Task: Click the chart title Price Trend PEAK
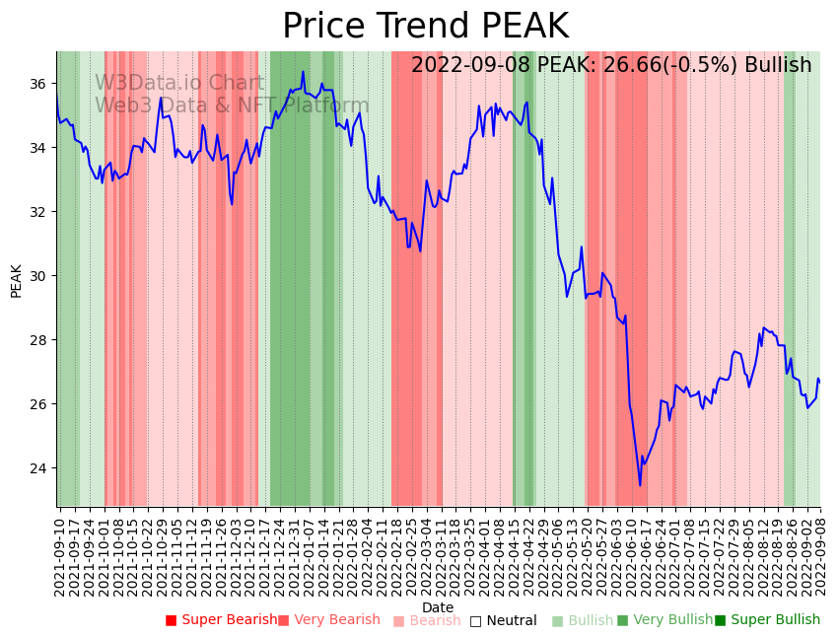coord(425,27)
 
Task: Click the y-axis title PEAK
coord(17,280)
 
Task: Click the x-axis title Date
coord(438,608)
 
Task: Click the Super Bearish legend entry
coord(222,620)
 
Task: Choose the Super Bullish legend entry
coord(767,620)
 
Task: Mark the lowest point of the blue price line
coord(639,485)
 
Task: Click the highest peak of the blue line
coord(303,71)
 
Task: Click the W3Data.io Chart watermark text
coord(178,84)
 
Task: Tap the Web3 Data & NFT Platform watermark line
coord(232,106)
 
